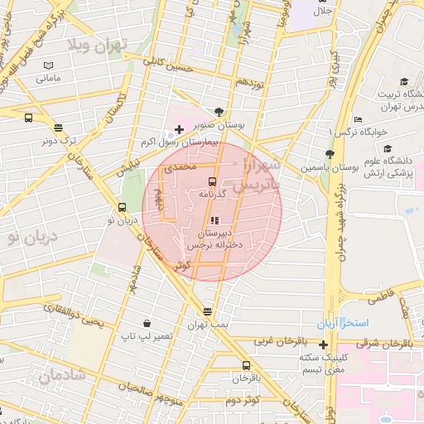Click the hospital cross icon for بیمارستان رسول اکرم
[179, 129]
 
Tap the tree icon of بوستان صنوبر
[219, 110]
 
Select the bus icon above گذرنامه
[212, 181]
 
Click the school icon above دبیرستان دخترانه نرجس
[214, 221]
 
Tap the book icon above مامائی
[48, 65]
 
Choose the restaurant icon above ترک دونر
[58, 128]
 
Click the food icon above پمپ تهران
[207, 311]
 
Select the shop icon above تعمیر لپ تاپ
[147, 323]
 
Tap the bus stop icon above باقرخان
[246, 365]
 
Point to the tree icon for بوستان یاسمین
[330, 154]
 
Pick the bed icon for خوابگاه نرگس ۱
[356, 118]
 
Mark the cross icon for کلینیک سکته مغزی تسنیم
[324, 344]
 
